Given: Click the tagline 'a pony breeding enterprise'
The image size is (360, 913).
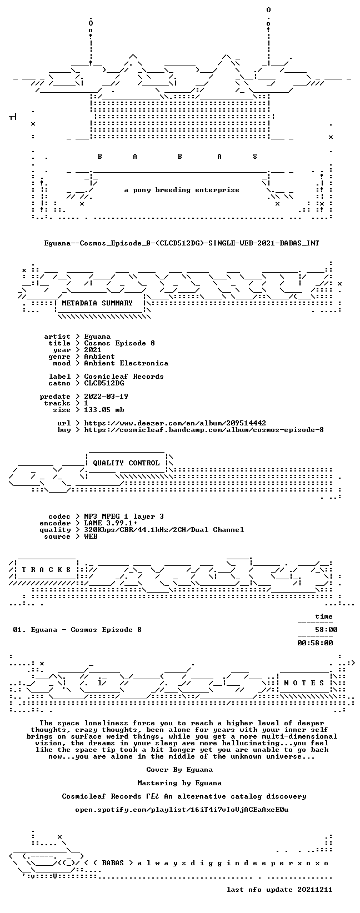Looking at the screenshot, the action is tap(182, 190).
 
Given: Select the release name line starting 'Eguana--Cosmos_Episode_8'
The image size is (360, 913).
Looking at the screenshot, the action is tap(182, 243).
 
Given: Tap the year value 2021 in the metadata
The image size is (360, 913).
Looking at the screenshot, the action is tap(93, 350).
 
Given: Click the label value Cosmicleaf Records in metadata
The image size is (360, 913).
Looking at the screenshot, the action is tap(123, 376).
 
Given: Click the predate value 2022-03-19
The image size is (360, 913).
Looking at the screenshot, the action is tap(106, 396).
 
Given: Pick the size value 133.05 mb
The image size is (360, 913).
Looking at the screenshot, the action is tap(104, 410).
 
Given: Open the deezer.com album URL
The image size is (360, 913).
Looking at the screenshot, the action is tap(175, 423).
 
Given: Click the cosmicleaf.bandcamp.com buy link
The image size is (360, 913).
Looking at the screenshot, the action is tap(204, 430).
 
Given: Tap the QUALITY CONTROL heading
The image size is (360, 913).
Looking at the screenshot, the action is tap(126, 463).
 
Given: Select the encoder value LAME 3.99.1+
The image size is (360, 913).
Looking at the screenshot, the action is tap(111, 523).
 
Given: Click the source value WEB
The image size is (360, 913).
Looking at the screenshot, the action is tap(91, 536).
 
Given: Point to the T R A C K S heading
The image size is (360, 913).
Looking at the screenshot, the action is tap(46, 569).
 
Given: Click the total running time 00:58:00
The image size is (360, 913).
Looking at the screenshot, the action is tap(315, 643).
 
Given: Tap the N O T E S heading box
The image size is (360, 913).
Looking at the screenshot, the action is tap(304, 683).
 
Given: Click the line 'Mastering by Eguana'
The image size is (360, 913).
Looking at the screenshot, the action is tap(179, 782).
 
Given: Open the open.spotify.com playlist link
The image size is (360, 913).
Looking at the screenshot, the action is tap(182, 809).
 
